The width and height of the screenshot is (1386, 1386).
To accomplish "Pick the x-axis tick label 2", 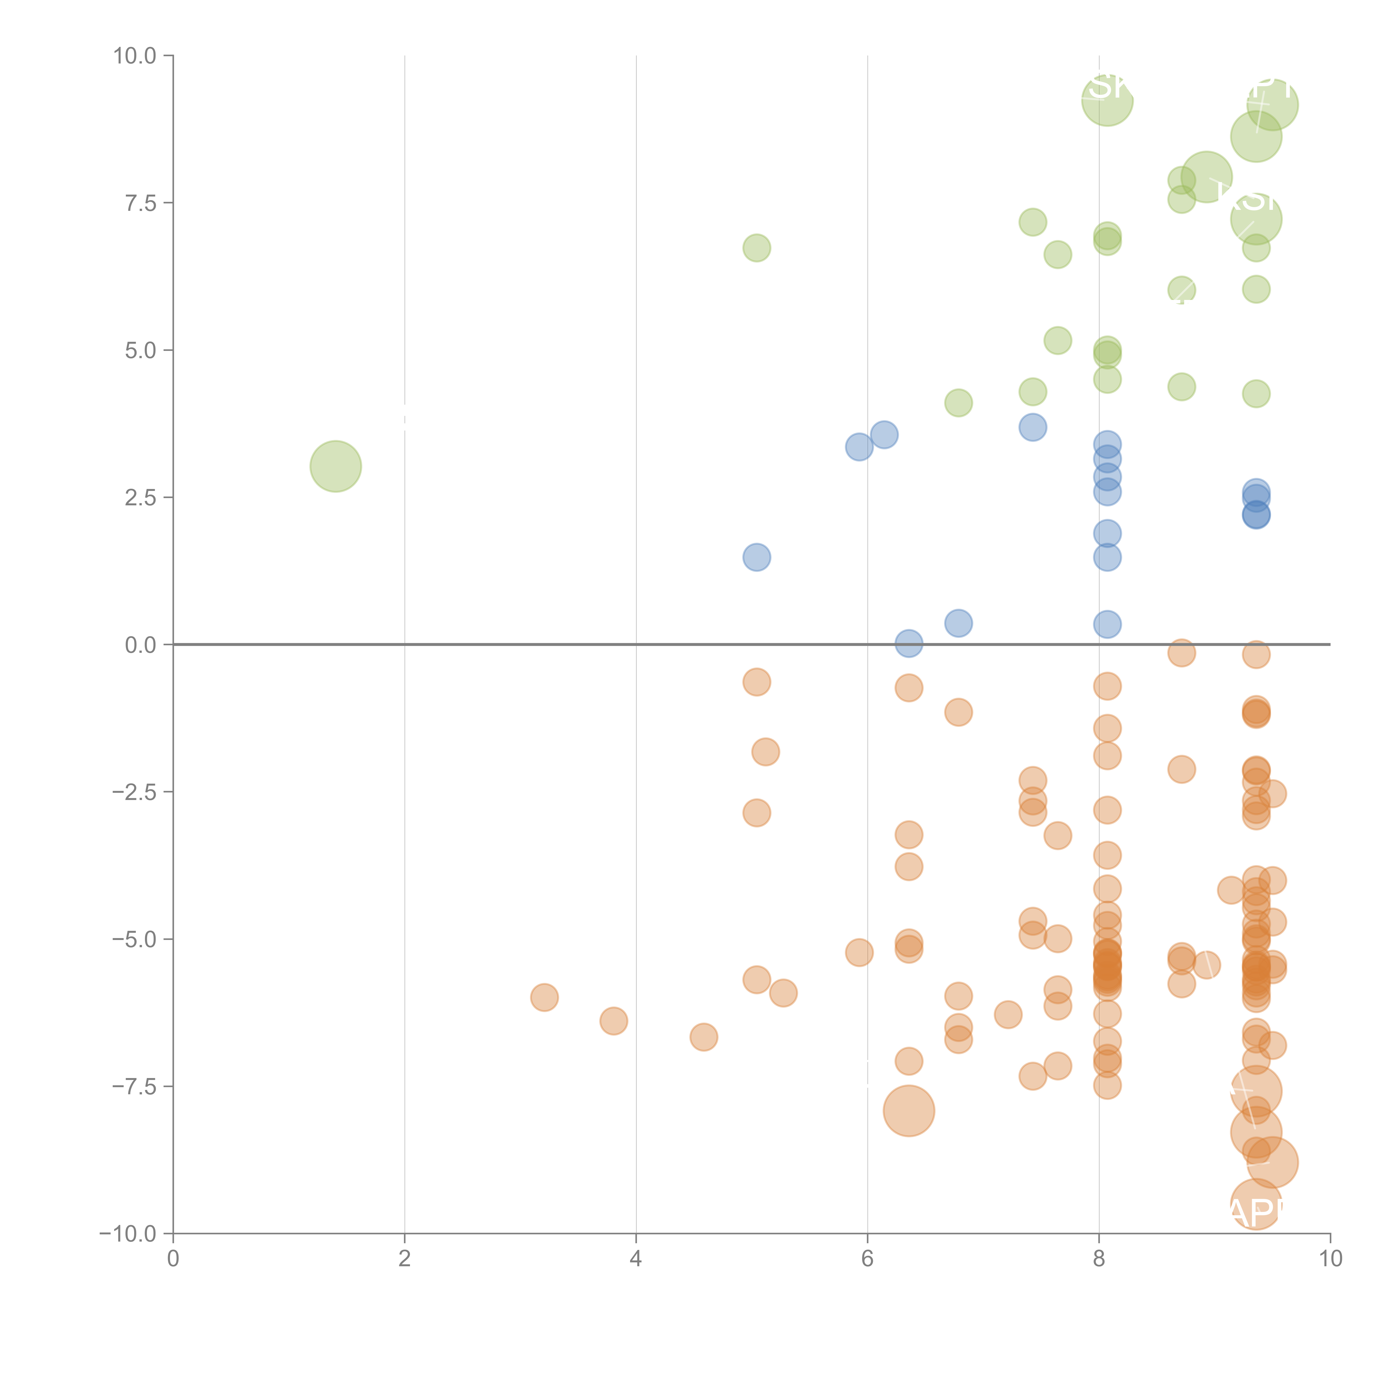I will [405, 1259].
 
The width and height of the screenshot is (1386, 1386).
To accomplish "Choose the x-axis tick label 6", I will [867, 1259].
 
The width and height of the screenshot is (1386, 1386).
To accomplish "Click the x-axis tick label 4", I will [636, 1259].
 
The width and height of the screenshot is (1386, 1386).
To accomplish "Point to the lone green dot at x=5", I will [756, 248].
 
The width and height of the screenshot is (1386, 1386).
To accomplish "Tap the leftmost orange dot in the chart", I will [544, 997].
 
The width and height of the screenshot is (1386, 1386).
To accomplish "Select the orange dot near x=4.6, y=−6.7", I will [704, 1037].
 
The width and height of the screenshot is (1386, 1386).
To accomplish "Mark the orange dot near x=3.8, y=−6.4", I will [613, 1020].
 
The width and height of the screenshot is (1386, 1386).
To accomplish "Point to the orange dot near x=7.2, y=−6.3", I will [1008, 1014].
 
